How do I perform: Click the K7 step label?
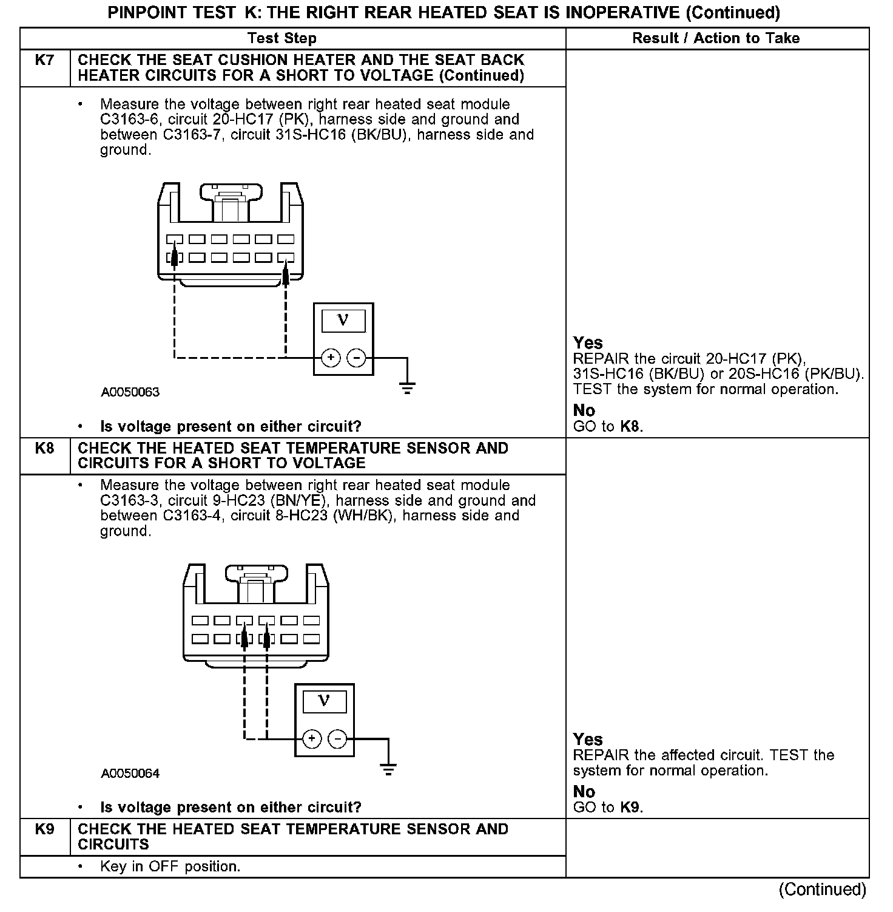click(45, 60)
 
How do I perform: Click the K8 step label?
click(45, 448)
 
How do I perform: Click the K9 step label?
click(45, 829)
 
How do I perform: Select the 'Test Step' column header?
click(282, 38)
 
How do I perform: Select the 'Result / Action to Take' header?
click(716, 38)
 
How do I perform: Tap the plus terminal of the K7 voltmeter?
click(331, 358)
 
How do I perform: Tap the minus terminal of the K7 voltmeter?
click(356, 358)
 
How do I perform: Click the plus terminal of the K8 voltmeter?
click(312, 739)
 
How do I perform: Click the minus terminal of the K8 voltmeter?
click(337, 739)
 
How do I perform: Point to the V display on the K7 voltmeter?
click(343, 321)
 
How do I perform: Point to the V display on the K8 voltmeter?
click(324, 702)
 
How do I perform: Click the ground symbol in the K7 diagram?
click(407, 387)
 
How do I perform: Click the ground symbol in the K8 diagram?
click(388, 769)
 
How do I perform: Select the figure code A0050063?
click(130, 392)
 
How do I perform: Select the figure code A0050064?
click(130, 774)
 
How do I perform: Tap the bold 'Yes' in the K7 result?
click(588, 343)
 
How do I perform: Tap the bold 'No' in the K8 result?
click(584, 792)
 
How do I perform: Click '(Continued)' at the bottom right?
click(823, 890)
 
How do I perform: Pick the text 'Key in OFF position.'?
click(170, 866)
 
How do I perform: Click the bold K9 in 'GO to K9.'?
click(631, 808)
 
